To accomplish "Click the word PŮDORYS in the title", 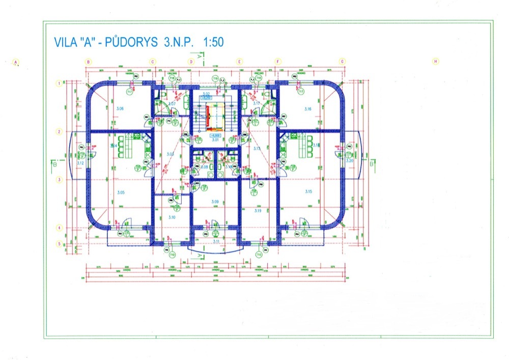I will click(133, 43).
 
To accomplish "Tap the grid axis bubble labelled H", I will click(435, 62).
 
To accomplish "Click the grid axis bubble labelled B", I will click(89, 62).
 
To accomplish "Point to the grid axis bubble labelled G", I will click(343, 62).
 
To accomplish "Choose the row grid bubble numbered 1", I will click(59, 84).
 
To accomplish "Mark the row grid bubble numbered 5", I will click(59, 244).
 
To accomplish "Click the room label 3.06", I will click(121, 109).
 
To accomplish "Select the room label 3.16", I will click(307, 109).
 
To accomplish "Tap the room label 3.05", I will click(121, 192).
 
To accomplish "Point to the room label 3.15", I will click(308, 191).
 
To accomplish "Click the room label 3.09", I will click(214, 202).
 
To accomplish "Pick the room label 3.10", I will click(172, 217).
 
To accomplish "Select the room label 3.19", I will click(257, 210).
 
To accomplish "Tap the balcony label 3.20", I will click(349, 160).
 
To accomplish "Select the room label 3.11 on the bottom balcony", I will click(216, 241).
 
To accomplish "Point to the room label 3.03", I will click(171, 154).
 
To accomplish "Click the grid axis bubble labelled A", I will click(16, 63).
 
